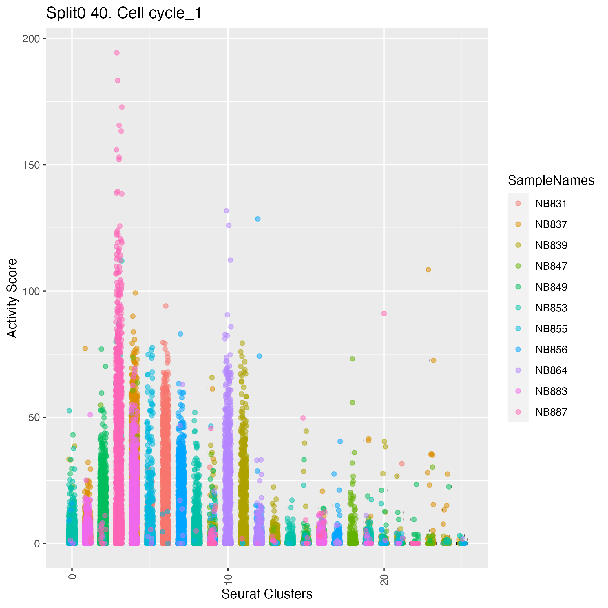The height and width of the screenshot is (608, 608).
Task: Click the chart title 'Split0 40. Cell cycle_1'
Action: tap(124, 14)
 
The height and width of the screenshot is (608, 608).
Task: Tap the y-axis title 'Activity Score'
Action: tap(12, 298)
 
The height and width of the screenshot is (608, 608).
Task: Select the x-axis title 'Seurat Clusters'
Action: tap(267, 594)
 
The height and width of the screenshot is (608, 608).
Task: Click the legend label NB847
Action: tap(551, 266)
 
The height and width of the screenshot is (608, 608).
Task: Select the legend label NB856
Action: tap(551, 350)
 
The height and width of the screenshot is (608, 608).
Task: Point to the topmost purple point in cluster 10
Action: tap(226, 211)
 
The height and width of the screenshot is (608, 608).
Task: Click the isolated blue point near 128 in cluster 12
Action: tap(258, 219)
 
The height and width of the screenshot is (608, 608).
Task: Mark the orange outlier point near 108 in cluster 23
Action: tap(428, 270)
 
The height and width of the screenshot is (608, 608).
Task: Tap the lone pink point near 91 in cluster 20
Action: tap(384, 313)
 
